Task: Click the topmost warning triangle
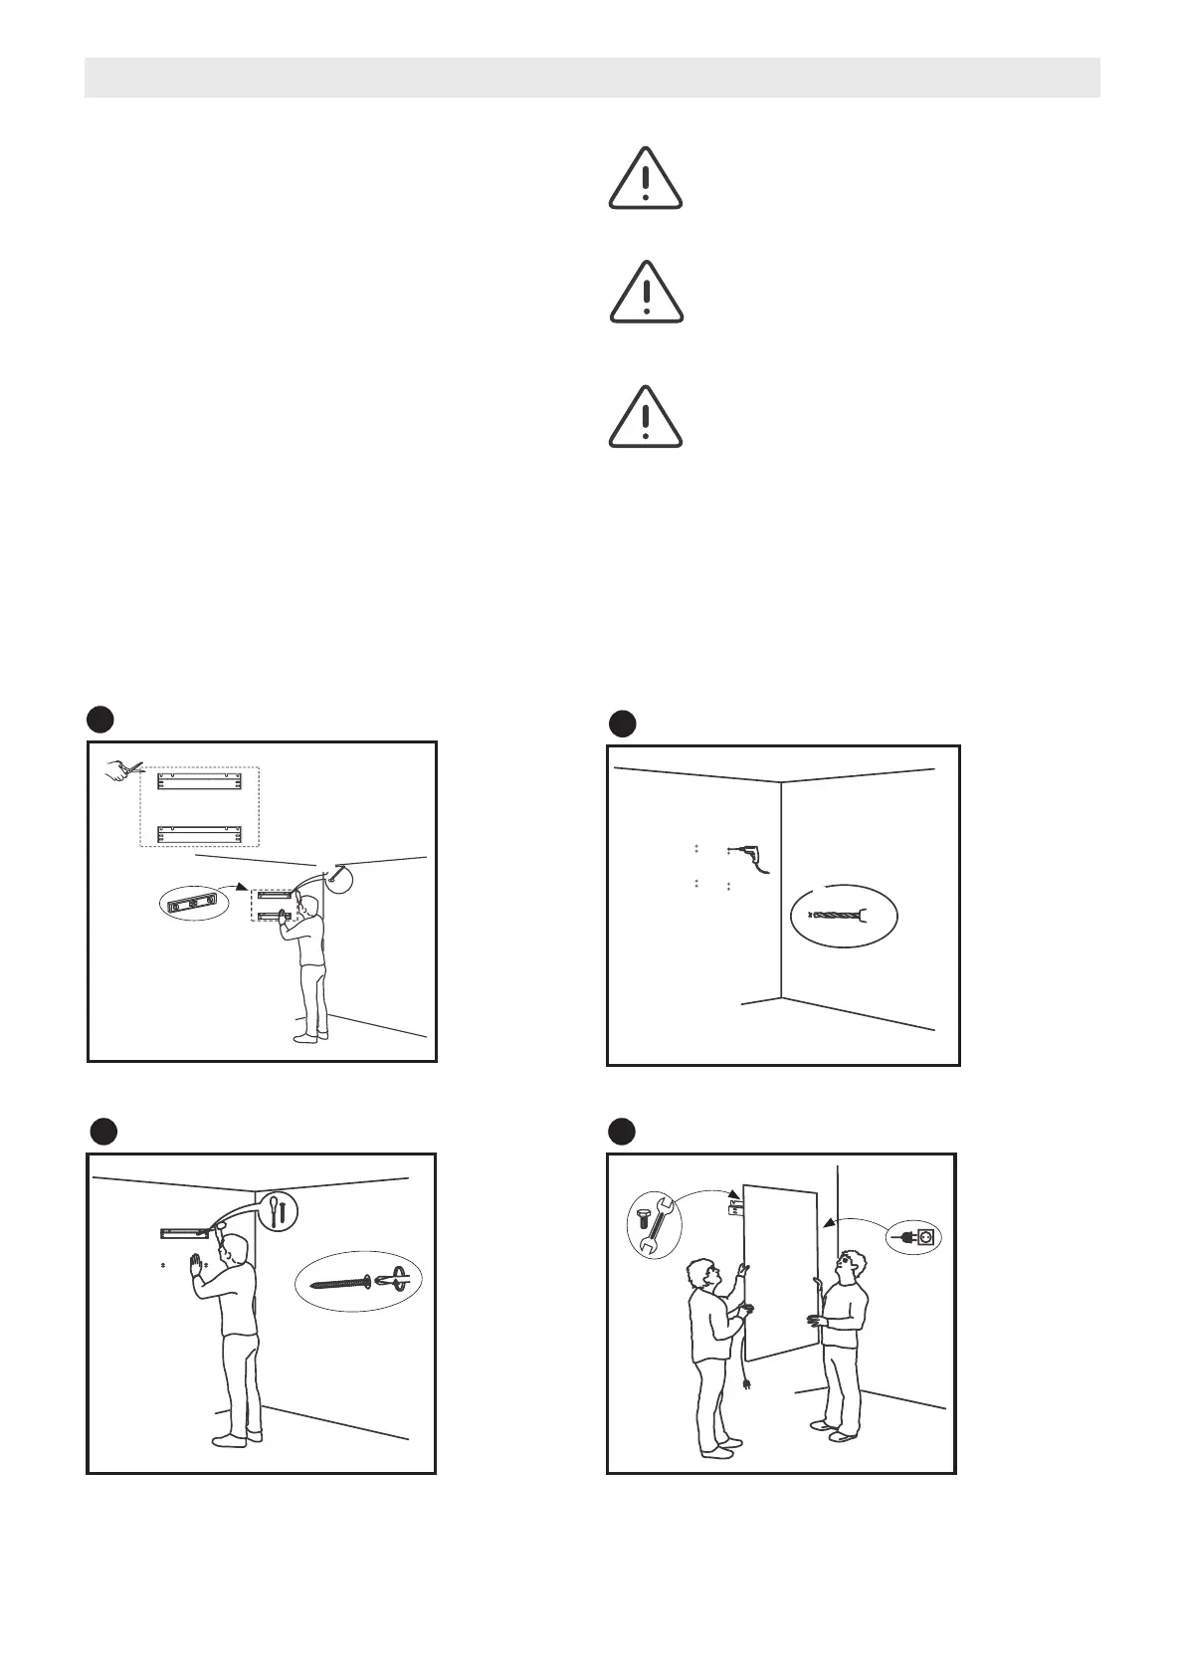[646, 179]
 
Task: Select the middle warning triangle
[646, 294]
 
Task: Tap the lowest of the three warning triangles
[646, 418]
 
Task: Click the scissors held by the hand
[126, 769]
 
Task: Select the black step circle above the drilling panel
[622, 724]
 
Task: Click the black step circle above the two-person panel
[622, 1132]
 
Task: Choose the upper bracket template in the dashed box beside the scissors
[200, 781]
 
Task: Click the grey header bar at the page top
[592, 78]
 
